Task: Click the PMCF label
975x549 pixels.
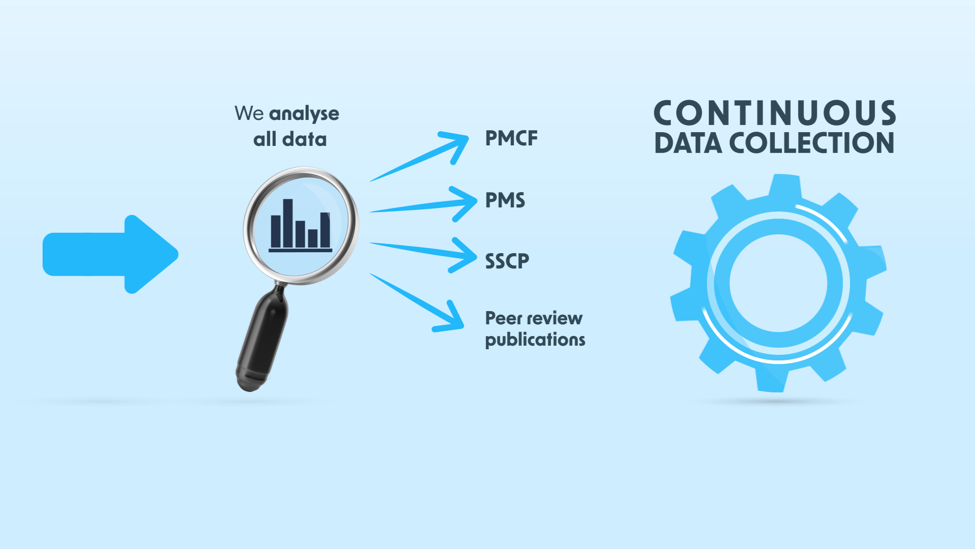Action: click(x=511, y=138)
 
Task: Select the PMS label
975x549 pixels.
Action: click(x=505, y=200)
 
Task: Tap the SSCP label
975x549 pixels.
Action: click(x=507, y=261)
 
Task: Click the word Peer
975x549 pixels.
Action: click(x=503, y=318)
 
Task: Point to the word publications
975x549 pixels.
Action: click(x=535, y=340)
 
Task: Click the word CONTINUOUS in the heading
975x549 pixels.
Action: click(x=774, y=113)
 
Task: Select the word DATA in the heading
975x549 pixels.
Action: click(x=688, y=143)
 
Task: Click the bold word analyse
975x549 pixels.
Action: click(x=304, y=114)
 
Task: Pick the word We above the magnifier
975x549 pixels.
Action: click(x=249, y=113)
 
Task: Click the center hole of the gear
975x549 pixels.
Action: click(x=778, y=283)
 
